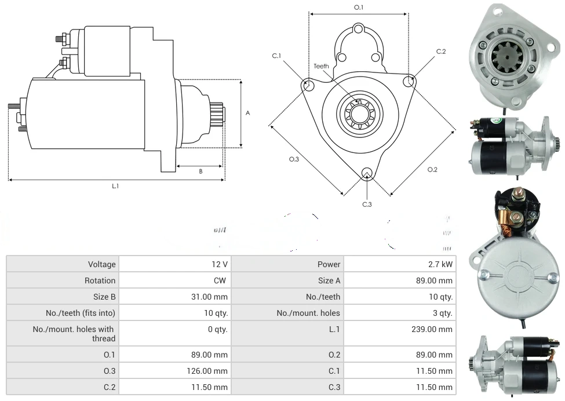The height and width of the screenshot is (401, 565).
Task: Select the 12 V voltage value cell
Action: [220, 264]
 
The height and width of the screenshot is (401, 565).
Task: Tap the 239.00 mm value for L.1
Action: [435, 329]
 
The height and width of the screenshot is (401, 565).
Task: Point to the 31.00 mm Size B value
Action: [213, 297]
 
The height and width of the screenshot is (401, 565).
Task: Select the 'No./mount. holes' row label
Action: [308, 313]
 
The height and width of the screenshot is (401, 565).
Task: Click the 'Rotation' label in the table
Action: [100, 280]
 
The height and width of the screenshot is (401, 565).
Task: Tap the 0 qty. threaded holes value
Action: [216, 329]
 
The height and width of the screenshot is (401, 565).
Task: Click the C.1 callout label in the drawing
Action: [276, 56]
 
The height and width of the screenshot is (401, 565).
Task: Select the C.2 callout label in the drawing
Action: [441, 52]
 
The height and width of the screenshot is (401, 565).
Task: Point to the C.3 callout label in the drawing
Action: [367, 204]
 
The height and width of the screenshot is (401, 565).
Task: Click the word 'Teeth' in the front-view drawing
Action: [321, 66]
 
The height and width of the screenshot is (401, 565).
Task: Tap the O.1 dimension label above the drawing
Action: [359, 7]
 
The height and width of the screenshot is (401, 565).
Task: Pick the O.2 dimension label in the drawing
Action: [432, 169]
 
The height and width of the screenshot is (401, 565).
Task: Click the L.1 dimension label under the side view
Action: [115, 186]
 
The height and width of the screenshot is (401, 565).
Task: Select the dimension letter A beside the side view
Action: [247, 113]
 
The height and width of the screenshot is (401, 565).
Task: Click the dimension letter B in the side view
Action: [201, 171]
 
